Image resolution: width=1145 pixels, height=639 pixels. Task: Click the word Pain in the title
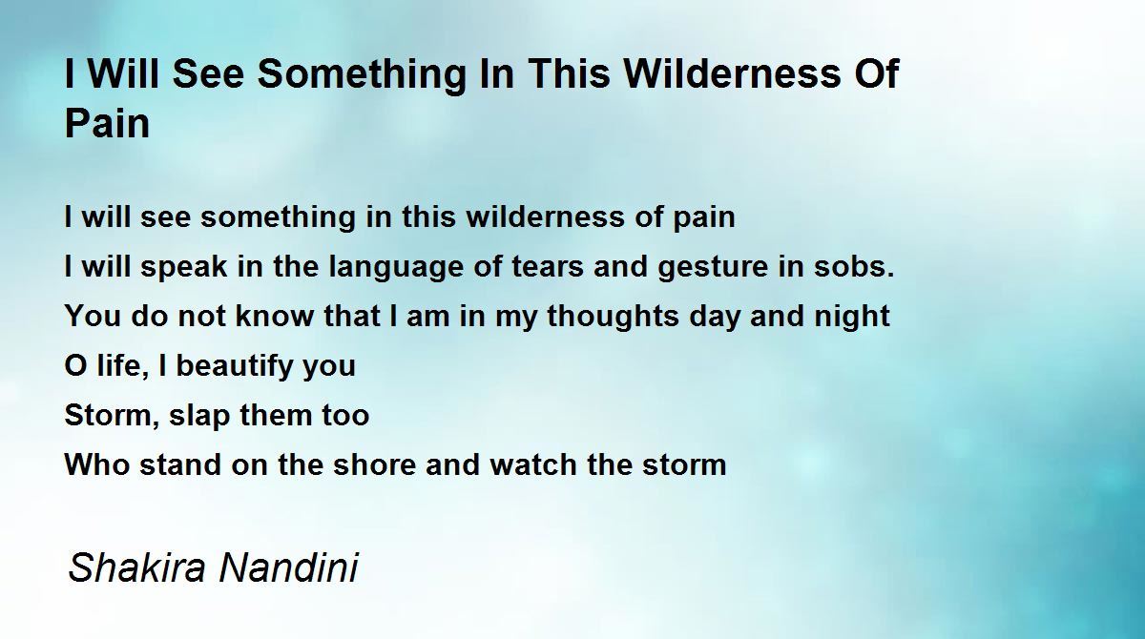[x=107, y=123]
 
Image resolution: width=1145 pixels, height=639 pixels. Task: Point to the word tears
[x=548, y=266]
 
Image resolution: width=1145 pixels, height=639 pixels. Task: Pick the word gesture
[x=713, y=268]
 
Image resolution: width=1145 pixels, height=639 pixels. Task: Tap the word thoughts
[x=614, y=317]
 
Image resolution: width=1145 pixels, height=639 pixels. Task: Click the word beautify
[x=230, y=365]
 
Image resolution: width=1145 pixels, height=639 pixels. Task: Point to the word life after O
[x=122, y=365]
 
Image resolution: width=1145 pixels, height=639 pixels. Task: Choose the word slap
[x=199, y=416]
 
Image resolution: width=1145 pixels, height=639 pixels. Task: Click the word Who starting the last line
[x=96, y=464]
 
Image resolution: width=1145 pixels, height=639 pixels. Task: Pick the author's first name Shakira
[x=136, y=567]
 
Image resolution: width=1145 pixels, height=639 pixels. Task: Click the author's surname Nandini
[x=289, y=567]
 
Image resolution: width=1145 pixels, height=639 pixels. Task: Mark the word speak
[x=183, y=268]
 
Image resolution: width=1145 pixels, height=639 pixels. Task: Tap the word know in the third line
[x=275, y=316]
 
